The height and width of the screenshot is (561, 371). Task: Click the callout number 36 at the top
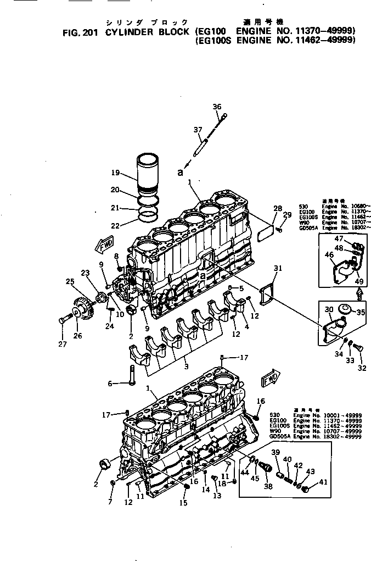[217, 107]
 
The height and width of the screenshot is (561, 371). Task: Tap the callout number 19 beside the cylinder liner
[115, 173]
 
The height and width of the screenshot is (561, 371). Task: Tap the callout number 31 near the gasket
[278, 268]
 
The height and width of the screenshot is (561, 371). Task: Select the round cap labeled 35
[345, 310]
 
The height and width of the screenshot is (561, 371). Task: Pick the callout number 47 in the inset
[339, 238]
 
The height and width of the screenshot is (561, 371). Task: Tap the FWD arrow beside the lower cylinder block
[271, 379]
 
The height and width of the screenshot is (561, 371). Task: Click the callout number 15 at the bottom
[183, 502]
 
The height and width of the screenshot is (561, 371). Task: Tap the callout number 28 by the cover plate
[278, 209]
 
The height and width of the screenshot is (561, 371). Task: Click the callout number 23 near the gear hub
[85, 273]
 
